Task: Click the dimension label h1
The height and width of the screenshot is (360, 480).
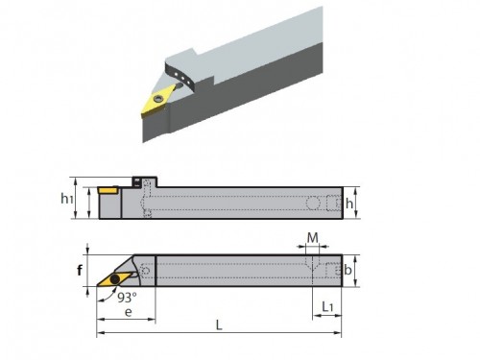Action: [x=67, y=199]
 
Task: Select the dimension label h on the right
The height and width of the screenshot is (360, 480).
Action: [x=349, y=204]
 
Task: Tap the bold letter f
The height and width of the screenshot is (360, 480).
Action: [x=80, y=271]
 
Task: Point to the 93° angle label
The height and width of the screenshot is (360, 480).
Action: [x=127, y=298]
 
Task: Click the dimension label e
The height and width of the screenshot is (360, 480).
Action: [x=128, y=312]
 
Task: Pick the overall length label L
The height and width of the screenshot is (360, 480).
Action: [x=219, y=325]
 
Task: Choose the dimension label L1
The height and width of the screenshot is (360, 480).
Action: [x=327, y=307]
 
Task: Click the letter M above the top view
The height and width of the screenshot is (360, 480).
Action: [x=313, y=238]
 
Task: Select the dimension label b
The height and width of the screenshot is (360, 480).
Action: [x=348, y=271]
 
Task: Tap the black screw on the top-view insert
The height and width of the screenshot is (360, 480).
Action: [x=114, y=279]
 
